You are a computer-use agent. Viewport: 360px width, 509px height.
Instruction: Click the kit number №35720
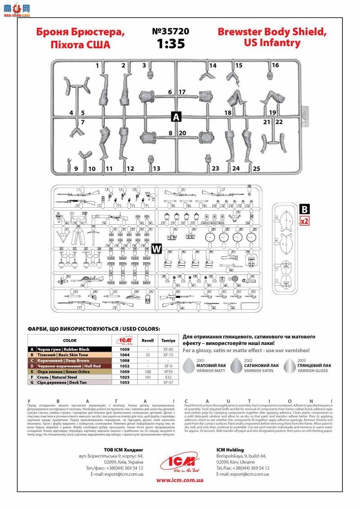[x=171, y=32]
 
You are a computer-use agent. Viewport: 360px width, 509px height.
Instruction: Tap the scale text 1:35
[x=171, y=44]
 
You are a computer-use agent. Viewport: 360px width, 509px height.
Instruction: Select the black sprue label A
[x=176, y=117]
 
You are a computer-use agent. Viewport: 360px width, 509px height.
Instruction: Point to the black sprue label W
[x=157, y=249]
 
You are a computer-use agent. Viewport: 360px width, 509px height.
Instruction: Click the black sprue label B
[x=304, y=209]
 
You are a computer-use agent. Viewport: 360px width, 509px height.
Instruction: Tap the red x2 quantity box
[x=304, y=221]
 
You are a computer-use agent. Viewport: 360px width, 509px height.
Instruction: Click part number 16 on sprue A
[x=275, y=65]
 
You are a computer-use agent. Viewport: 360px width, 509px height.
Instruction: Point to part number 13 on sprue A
[x=156, y=169]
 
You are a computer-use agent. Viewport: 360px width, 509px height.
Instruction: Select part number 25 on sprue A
[x=256, y=169]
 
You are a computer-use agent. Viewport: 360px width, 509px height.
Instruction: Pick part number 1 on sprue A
[x=97, y=66]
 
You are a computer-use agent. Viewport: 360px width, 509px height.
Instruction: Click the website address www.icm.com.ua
[x=180, y=480]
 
